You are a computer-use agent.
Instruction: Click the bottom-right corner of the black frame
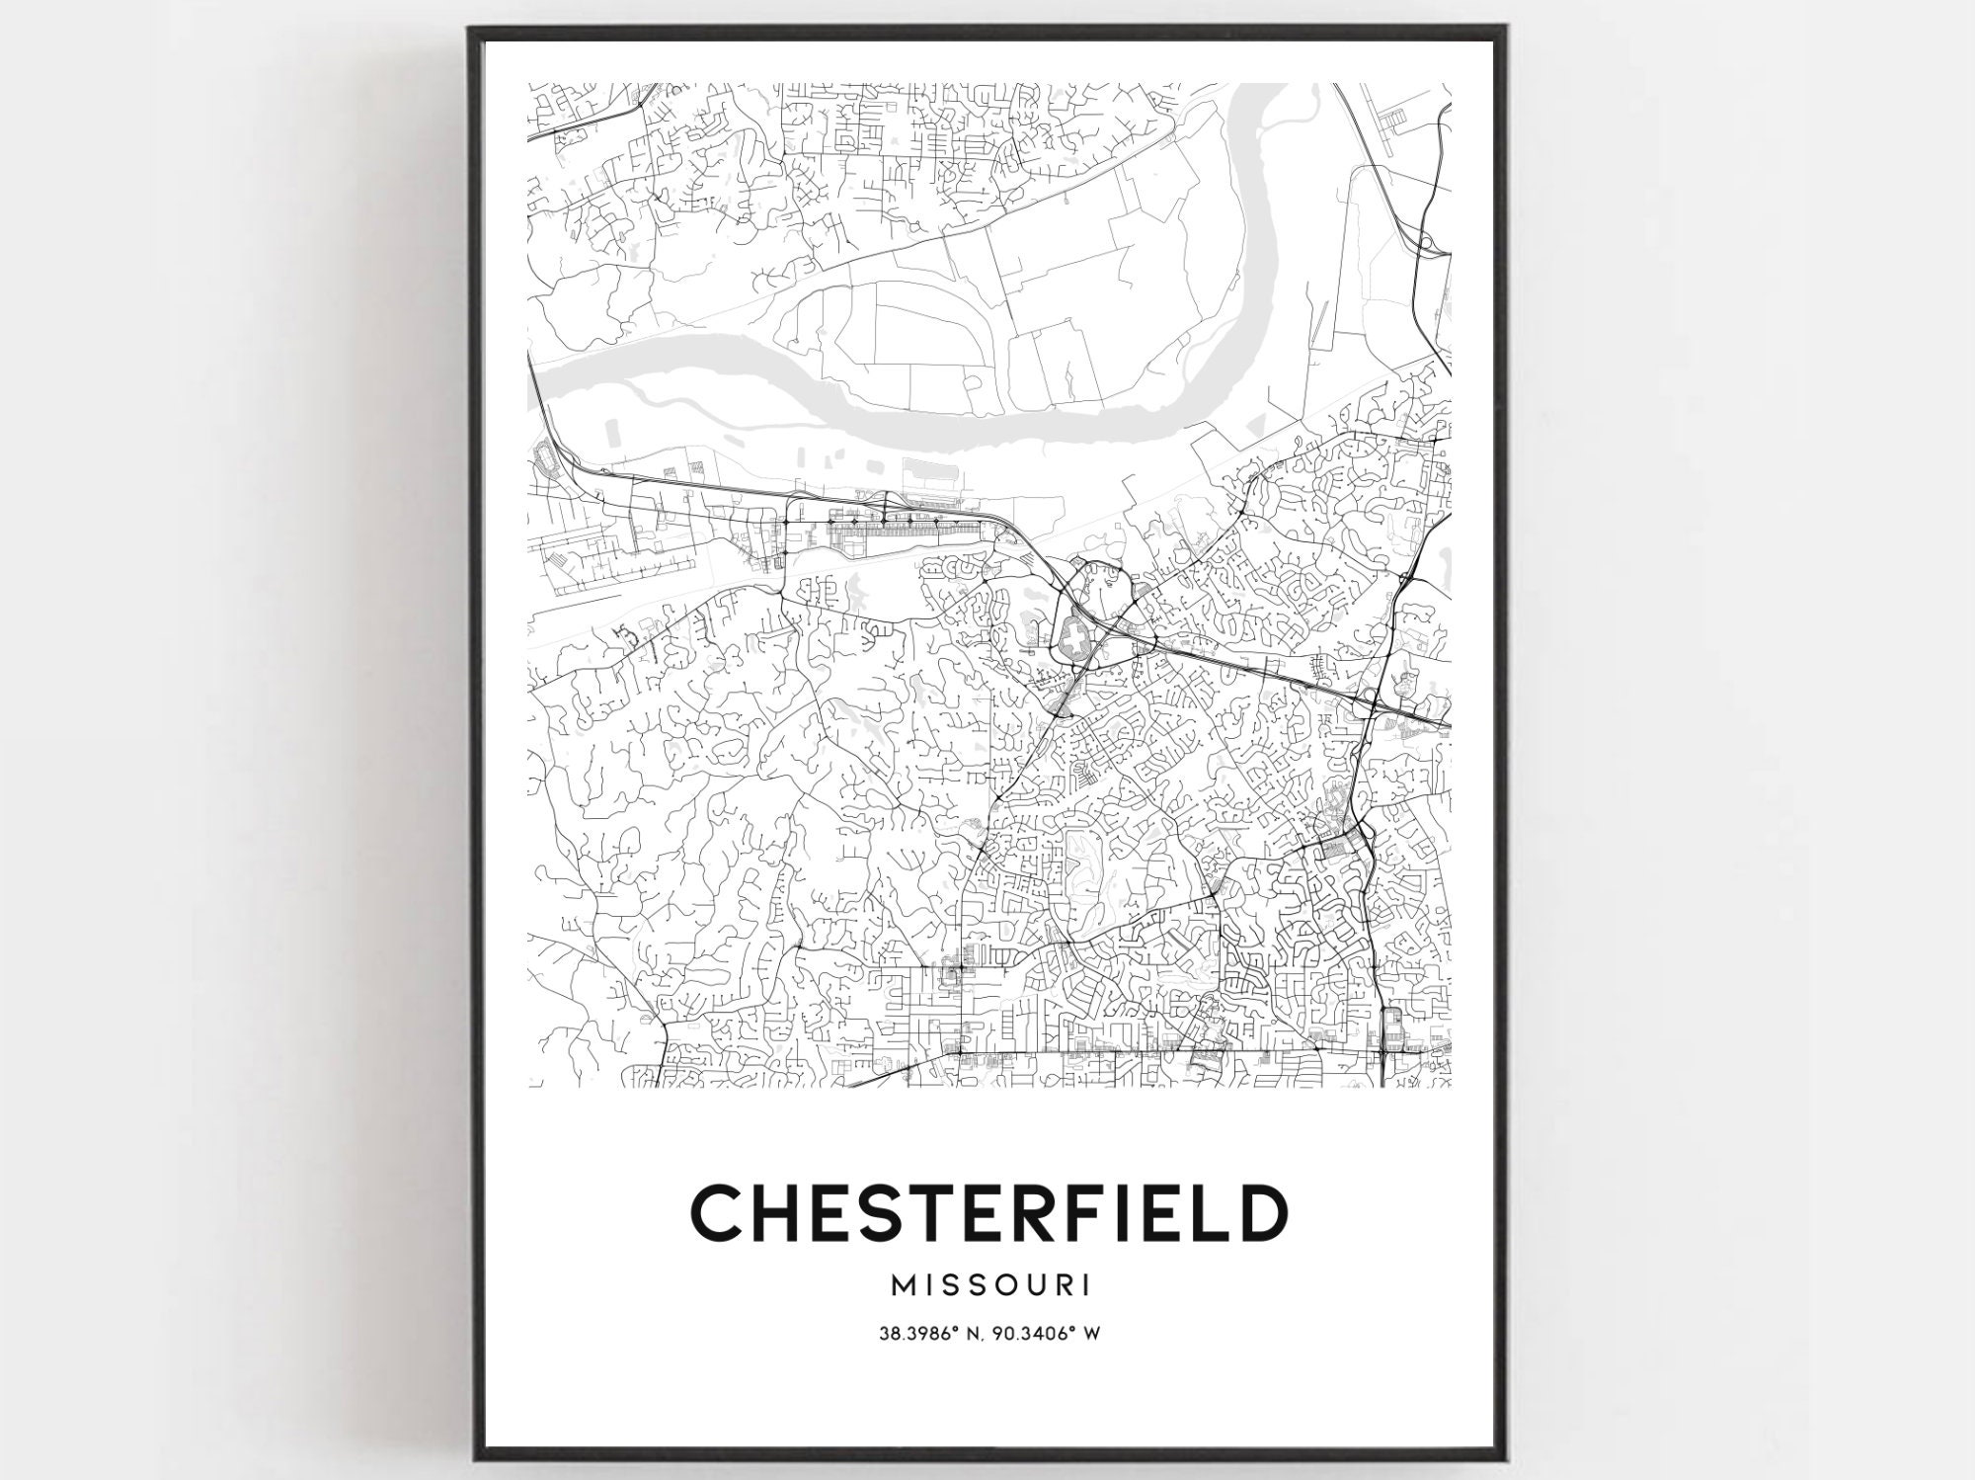[1505, 1459]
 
